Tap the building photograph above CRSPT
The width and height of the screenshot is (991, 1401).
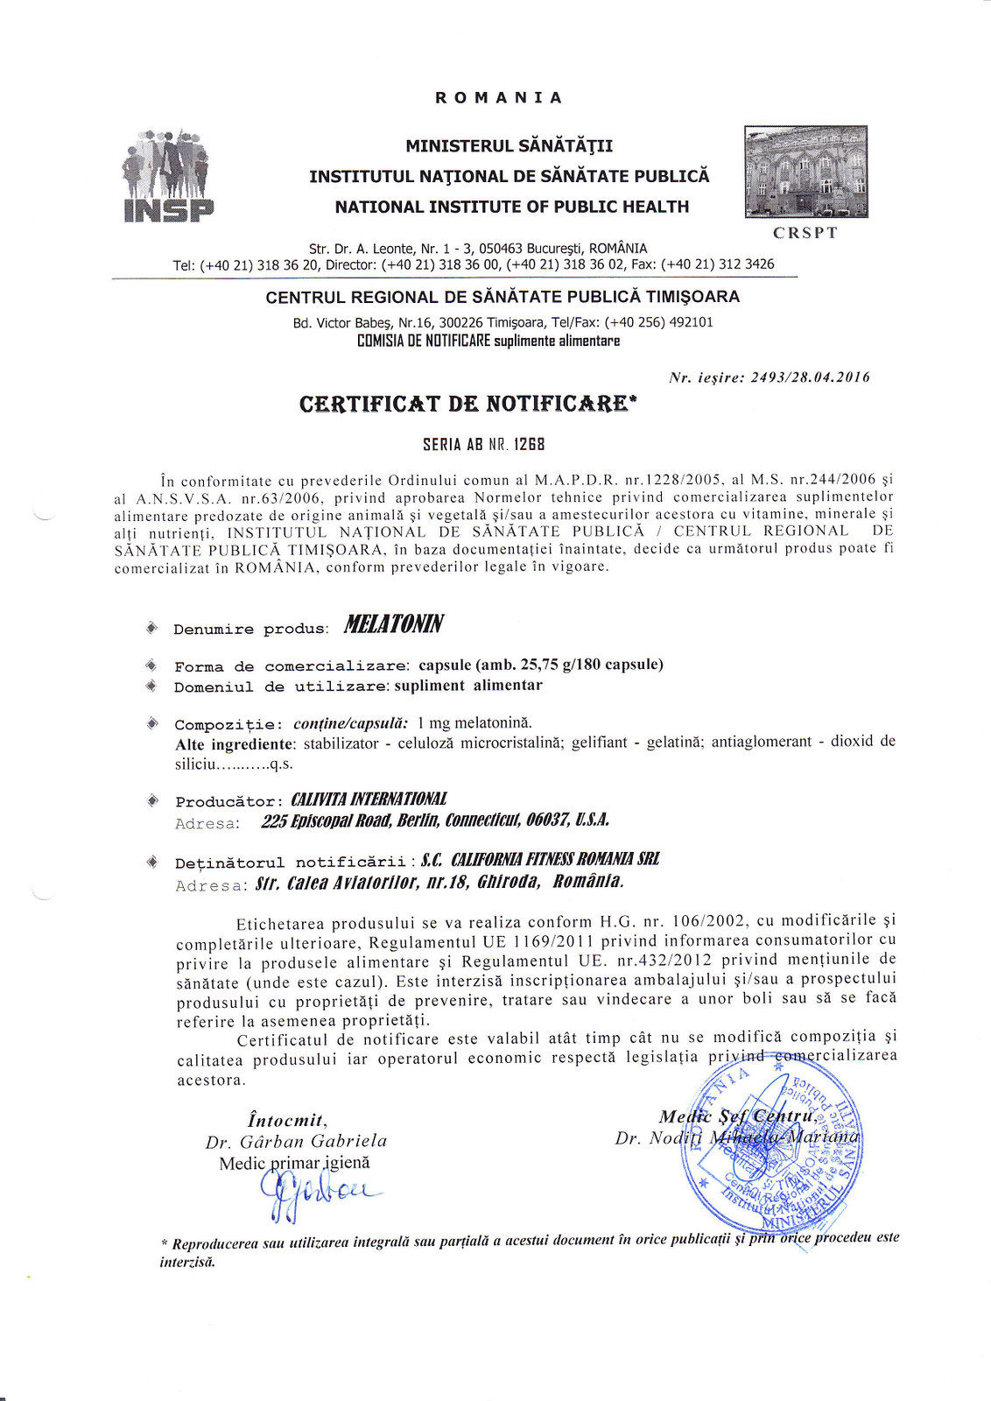coord(805,172)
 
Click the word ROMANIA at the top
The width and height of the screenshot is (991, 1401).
coord(499,97)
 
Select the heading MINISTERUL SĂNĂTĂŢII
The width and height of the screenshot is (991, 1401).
coord(509,145)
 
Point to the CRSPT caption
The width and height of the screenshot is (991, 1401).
coord(805,233)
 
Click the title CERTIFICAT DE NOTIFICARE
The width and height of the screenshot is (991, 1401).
coord(464,404)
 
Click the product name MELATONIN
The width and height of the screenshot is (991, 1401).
coord(393,624)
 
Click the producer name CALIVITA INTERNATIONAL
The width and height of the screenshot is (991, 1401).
coord(369,799)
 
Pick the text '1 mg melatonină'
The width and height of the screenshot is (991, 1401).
coord(474,722)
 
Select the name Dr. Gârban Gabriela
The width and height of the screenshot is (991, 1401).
coord(296,1141)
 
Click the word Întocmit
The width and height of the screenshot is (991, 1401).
coord(287,1120)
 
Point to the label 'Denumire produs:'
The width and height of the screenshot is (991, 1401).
coord(250,629)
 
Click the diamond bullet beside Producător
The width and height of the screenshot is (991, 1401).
coord(152,800)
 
